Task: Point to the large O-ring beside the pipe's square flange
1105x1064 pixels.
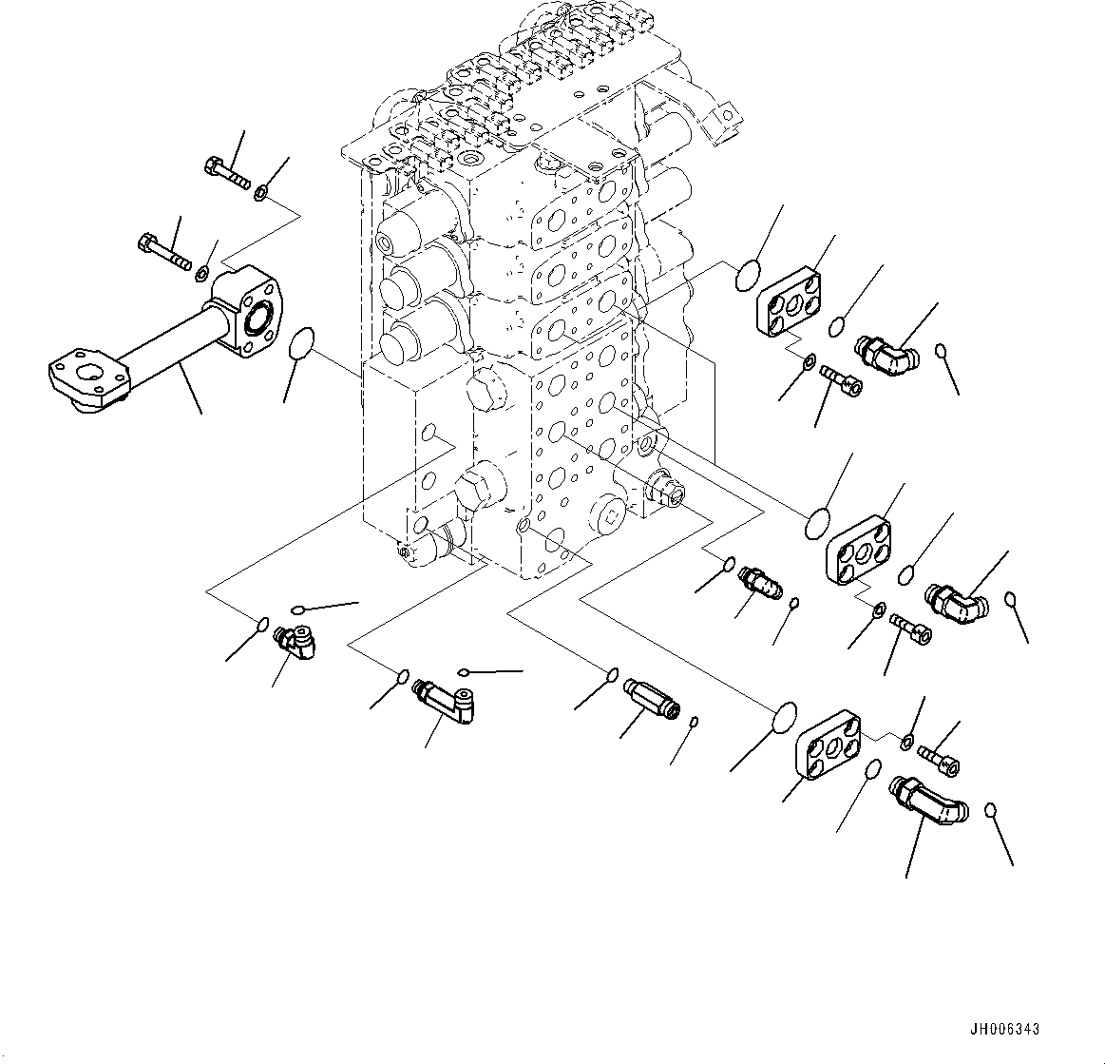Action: [x=302, y=344]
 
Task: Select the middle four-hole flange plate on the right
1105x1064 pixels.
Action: [x=860, y=551]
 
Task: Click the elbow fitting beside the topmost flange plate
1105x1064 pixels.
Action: [x=887, y=355]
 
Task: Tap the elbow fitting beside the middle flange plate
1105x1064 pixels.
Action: [x=959, y=603]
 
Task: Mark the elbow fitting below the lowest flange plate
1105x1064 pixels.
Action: [x=927, y=798]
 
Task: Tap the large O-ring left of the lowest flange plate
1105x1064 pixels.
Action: [x=783, y=719]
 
